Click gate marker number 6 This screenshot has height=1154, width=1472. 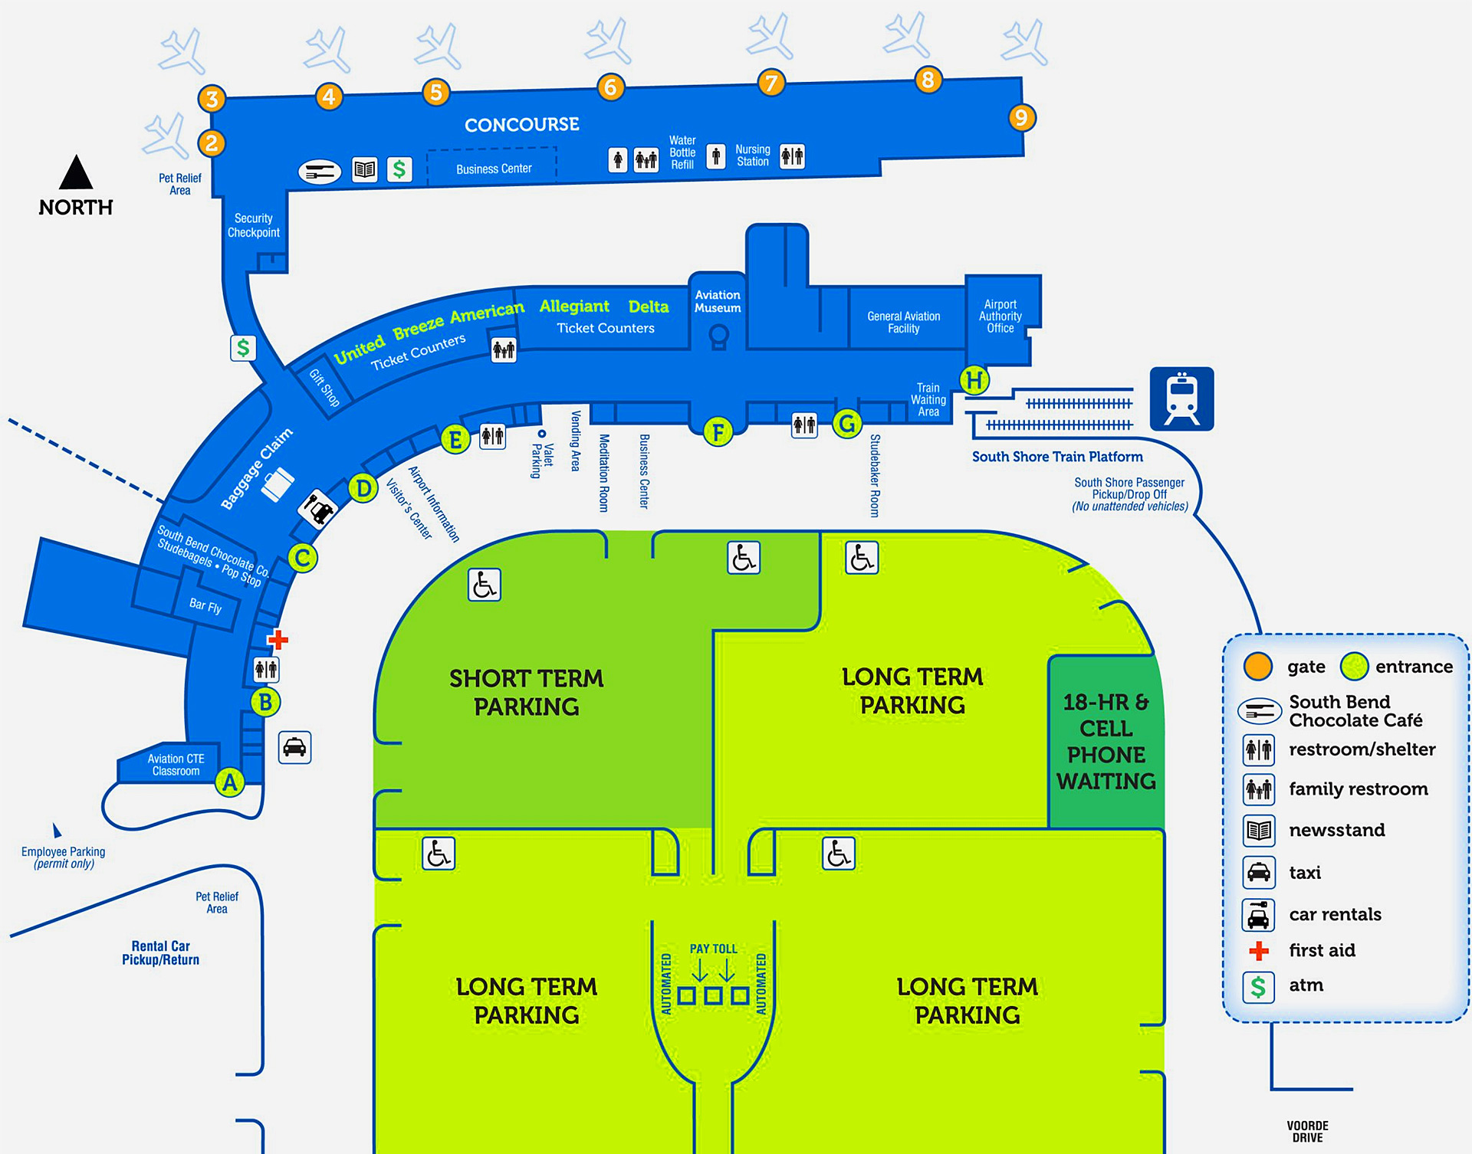click(610, 87)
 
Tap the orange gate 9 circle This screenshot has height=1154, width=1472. click(1020, 117)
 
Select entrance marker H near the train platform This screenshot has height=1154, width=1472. click(974, 379)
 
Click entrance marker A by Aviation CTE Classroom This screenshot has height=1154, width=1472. click(229, 783)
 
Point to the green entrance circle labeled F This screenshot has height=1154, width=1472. click(718, 432)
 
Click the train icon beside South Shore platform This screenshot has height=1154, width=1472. click(1181, 398)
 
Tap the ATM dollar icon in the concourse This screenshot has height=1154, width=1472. click(399, 169)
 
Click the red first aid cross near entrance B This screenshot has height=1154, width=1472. click(278, 639)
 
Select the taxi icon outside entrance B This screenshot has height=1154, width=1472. click(294, 747)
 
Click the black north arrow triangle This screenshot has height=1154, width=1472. click(76, 173)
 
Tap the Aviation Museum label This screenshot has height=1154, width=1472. click(718, 301)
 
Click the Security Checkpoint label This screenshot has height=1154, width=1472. click(253, 225)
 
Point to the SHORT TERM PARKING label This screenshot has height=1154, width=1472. click(526, 692)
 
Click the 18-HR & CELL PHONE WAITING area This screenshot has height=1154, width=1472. click(1106, 741)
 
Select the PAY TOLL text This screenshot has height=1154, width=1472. click(713, 949)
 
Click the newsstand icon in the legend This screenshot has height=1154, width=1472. click(1258, 831)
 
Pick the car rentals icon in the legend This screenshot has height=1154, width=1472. click(1258, 915)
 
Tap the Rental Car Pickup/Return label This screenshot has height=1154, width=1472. click(160, 952)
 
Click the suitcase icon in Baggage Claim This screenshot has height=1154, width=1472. click(278, 484)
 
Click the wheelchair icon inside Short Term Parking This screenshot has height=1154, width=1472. click(484, 585)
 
